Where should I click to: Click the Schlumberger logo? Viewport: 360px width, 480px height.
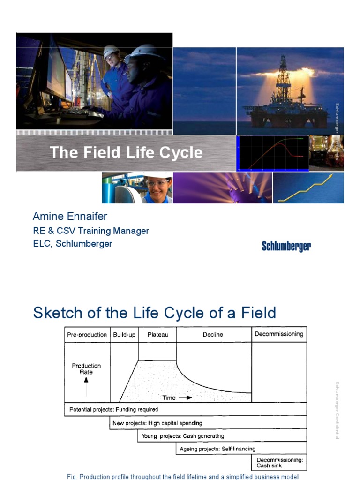(x=286, y=247)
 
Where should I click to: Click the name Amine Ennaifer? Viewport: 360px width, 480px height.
(x=70, y=216)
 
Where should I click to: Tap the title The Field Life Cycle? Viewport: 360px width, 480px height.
(x=126, y=152)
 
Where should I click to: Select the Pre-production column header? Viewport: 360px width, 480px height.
(x=87, y=335)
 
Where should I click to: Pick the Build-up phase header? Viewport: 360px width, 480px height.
(x=124, y=335)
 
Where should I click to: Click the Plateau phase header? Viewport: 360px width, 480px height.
(x=157, y=335)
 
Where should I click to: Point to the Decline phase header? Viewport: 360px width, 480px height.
(x=213, y=335)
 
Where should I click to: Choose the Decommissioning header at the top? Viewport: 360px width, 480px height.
(x=278, y=334)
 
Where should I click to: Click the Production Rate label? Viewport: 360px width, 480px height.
(x=86, y=369)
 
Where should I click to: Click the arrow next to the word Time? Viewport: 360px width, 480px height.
(x=186, y=397)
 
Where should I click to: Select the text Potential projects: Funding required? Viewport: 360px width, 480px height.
(x=114, y=409)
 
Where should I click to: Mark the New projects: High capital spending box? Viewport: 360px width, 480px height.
(x=157, y=423)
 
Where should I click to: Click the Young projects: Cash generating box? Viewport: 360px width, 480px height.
(x=183, y=436)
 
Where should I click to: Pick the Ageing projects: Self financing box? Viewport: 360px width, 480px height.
(x=217, y=449)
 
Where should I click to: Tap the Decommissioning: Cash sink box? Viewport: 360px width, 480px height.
(x=280, y=463)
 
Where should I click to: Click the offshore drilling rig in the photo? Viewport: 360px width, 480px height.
(x=283, y=94)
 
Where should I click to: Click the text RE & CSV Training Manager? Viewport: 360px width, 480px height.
(x=91, y=231)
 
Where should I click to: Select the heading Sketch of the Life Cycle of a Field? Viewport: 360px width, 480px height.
(x=155, y=313)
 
